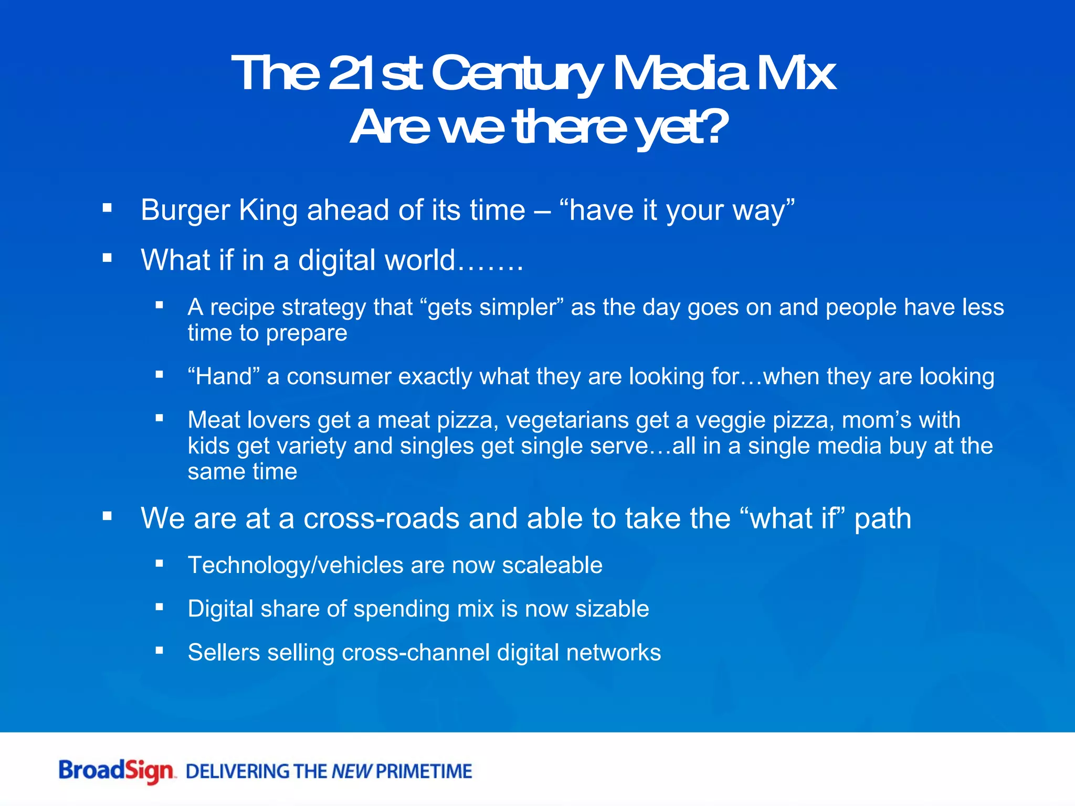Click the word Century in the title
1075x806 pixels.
[515, 75]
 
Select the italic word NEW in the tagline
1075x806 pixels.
[352, 771]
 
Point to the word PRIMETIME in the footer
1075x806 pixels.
[424, 771]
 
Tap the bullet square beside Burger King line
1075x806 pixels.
[108, 208]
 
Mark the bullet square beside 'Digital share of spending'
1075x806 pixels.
[160, 607]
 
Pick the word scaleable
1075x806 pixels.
[552, 566]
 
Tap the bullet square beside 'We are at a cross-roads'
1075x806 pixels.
[108, 516]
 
